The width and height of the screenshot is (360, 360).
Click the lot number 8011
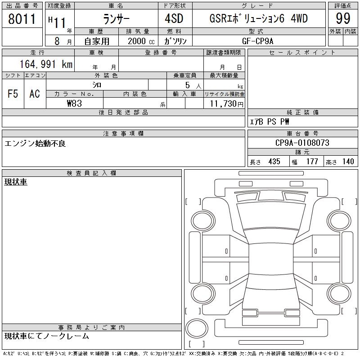[22, 19]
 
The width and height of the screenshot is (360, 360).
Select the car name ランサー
[116, 19]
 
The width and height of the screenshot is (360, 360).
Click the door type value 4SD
[175, 19]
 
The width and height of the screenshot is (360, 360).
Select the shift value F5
[13, 94]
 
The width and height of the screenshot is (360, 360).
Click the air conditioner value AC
[35, 94]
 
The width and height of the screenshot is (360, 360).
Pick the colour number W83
[74, 103]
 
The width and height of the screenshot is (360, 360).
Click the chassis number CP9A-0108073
[302, 143]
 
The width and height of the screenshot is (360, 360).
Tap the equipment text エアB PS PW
[270, 121]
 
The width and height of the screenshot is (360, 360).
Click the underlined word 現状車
[16, 182]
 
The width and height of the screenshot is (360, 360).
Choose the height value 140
[347, 162]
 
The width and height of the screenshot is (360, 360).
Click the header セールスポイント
[302, 53]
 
